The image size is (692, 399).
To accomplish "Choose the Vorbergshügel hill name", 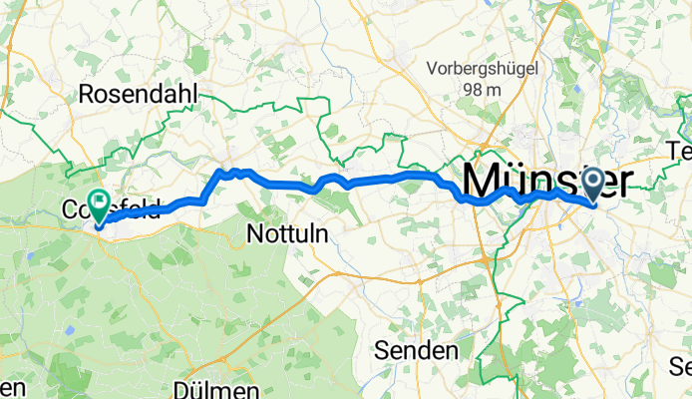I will click(484, 69).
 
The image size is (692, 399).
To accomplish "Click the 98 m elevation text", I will click(482, 90).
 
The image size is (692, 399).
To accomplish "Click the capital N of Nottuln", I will click(252, 232).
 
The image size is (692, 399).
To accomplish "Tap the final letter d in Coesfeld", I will click(155, 209).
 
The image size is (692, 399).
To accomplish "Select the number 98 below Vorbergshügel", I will click(472, 90).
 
